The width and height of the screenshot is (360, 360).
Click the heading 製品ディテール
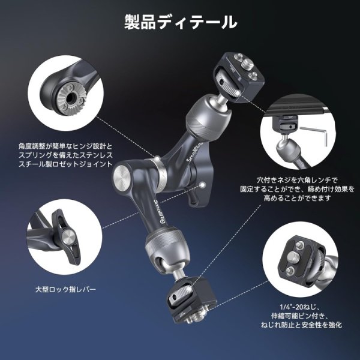pyautogui.click(x=180, y=23)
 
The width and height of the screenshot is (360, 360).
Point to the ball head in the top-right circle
pyautogui.click(x=287, y=144)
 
